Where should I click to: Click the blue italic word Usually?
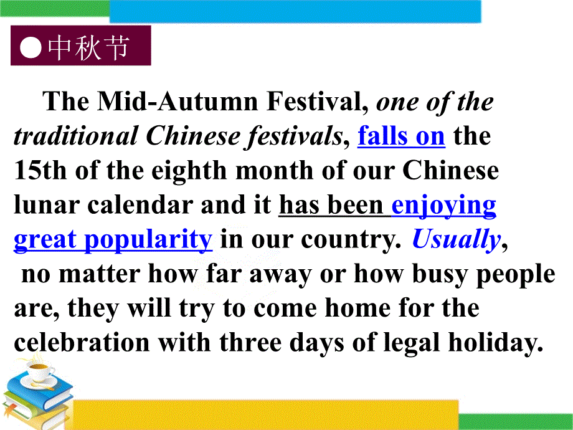[x=456, y=239]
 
